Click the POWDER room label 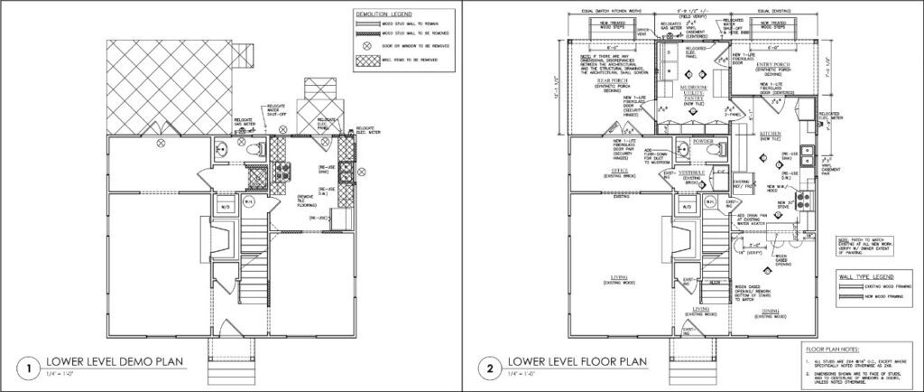coord(703,141)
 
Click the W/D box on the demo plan coord(226,207)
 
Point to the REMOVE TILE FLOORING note coord(306,200)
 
